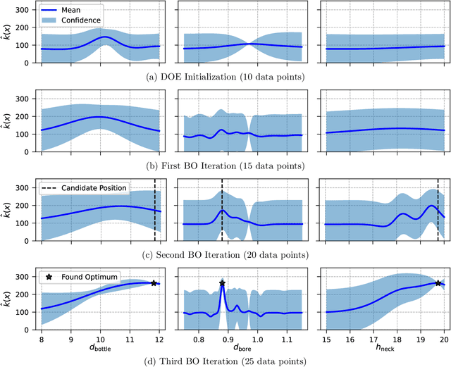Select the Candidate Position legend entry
pyautogui.click(x=88, y=189)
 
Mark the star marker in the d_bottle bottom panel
pyautogui.click(x=154, y=283)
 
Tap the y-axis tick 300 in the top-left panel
pyautogui.click(x=26, y=11)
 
